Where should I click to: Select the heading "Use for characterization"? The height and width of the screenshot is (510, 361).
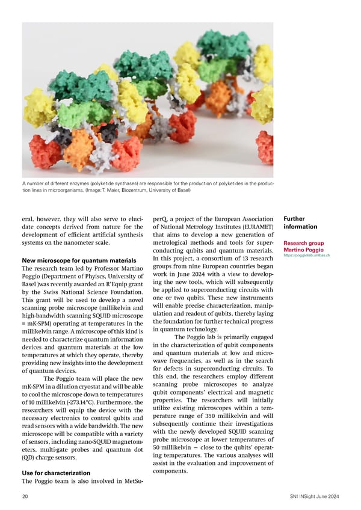click(56, 473)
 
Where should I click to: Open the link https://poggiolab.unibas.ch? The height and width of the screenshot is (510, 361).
click(306, 255)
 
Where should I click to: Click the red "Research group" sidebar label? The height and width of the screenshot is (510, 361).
click(303, 244)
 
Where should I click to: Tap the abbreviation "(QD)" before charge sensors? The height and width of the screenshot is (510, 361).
click(30, 464)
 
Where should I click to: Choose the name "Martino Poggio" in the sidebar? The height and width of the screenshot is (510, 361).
click(303, 250)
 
